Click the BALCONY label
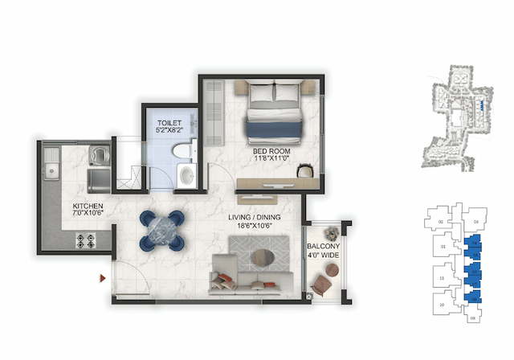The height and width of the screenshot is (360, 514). pyautogui.click(x=324, y=247)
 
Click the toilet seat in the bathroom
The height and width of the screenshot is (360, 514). pyautogui.click(x=184, y=150)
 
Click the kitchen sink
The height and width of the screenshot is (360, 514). pyautogui.click(x=52, y=168)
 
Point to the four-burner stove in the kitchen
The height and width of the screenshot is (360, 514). pyautogui.click(x=86, y=239)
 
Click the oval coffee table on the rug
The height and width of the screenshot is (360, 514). pyautogui.click(x=264, y=258)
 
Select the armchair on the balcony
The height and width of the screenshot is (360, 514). pyautogui.click(x=324, y=283)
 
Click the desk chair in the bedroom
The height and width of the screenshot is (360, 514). pyautogui.click(x=305, y=170)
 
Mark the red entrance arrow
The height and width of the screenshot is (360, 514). pyautogui.click(x=102, y=278)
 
